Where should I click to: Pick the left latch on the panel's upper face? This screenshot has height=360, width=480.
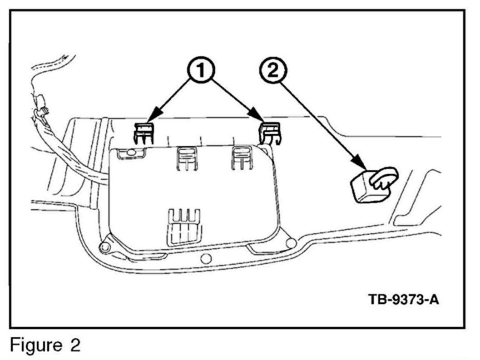187,158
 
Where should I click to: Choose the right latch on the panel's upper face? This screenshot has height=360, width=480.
242,157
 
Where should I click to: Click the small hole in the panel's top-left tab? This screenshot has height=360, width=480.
130,153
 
